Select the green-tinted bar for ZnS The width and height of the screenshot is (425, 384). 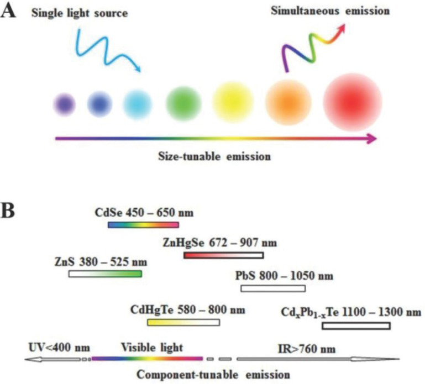[x=105, y=273]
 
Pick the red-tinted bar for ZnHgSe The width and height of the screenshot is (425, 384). [x=223, y=255]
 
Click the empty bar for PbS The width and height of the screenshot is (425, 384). [x=272, y=288]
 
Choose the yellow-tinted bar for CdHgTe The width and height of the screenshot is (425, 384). [x=183, y=322]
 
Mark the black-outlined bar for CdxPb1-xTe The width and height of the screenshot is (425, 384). [x=356, y=325]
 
